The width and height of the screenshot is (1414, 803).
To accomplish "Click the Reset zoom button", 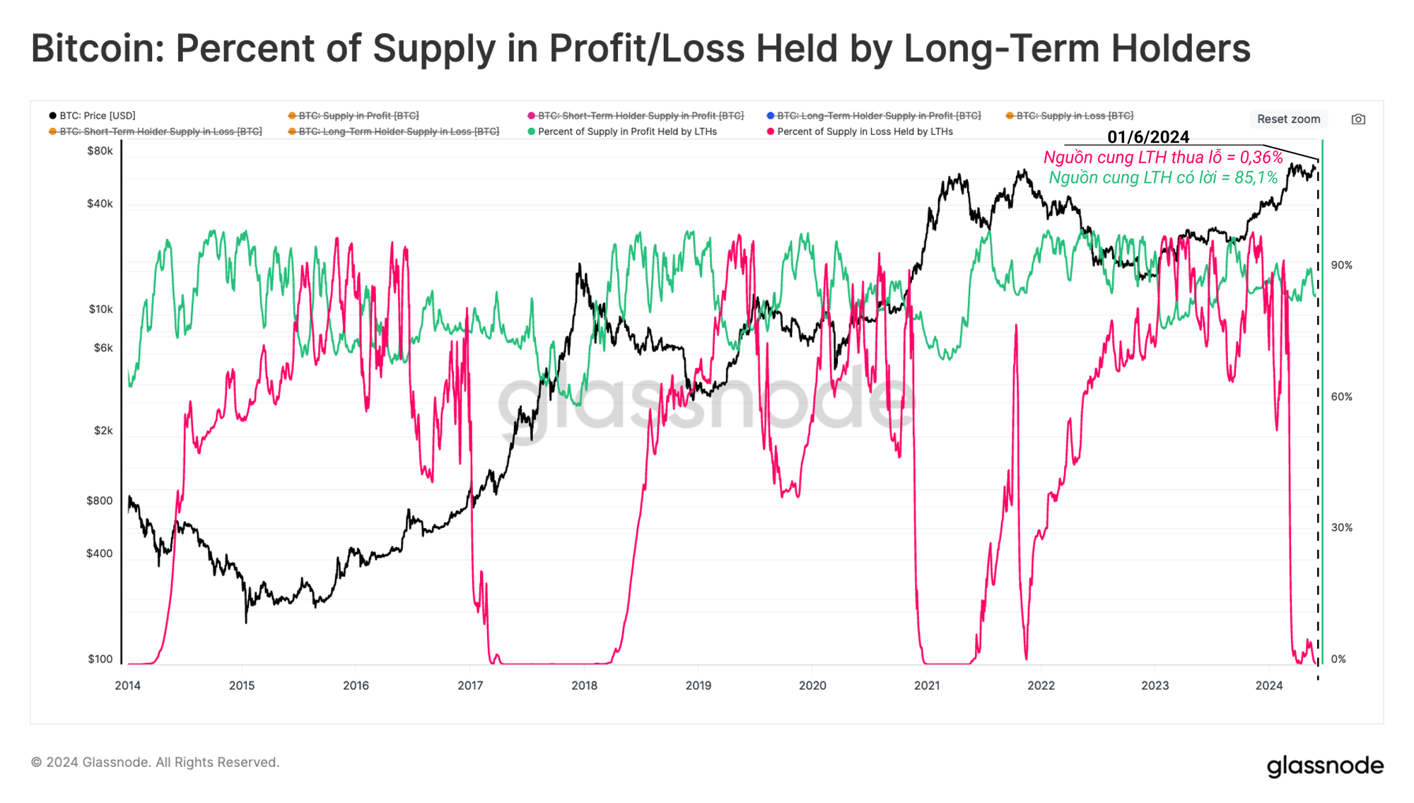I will (x=1288, y=119).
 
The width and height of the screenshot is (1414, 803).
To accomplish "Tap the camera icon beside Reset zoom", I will (x=1358, y=119).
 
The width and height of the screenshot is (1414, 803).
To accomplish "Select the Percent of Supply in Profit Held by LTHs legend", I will (x=626, y=131).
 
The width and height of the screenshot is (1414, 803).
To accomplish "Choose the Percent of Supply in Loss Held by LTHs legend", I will (x=864, y=131).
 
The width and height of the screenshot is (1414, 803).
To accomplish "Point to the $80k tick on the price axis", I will (x=100, y=151).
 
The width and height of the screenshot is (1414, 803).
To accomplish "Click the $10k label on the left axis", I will (x=100, y=309).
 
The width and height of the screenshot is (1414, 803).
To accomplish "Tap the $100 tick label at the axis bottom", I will (x=100, y=659).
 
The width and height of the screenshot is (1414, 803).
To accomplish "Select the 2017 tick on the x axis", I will (x=470, y=685).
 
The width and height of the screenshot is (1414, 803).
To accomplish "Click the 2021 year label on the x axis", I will (x=927, y=685).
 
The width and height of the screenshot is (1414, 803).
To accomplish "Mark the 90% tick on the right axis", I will (x=1341, y=265).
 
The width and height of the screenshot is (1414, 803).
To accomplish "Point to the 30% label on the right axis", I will (x=1341, y=527).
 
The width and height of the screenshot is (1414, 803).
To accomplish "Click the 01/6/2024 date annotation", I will (x=1148, y=137).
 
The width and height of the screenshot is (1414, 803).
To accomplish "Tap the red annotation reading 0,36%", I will (x=1163, y=158).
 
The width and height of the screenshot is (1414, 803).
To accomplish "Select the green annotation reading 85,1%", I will (x=1163, y=177).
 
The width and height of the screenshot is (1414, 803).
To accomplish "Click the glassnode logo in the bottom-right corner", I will (x=1325, y=766).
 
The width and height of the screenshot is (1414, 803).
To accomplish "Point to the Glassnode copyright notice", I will (x=156, y=762).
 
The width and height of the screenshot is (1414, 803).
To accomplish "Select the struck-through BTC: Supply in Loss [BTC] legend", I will (x=1074, y=115).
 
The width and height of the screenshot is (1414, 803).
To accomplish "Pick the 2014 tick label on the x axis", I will (x=128, y=685).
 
